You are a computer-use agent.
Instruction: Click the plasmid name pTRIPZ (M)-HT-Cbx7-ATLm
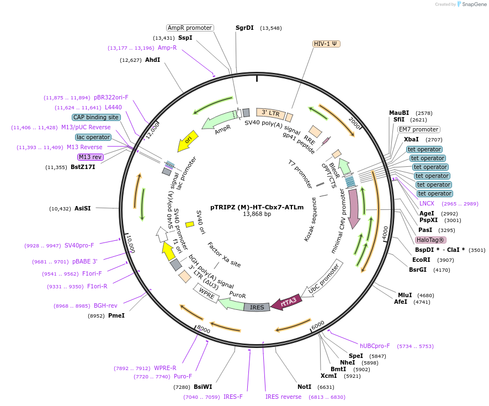tap(257, 207)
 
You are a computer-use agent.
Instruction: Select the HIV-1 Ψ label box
tap(326, 44)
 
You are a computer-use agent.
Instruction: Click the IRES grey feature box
tap(257, 307)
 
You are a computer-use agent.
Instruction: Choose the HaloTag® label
tap(430, 240)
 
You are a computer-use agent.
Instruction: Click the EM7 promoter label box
tap(419, 129)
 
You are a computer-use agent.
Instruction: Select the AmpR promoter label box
tap(190, 28)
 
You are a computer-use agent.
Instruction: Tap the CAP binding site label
tap(95, 117)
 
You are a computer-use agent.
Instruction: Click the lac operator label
tap(93, 137)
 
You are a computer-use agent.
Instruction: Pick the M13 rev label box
tap(91, 157)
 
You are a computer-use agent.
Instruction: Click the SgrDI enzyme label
tap(244, 28)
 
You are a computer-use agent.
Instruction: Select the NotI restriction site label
tap(304, 387)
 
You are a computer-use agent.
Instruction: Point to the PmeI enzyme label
tap(116, 315)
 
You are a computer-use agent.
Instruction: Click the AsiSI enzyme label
tap(82, 208)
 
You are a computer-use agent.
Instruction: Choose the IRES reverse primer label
tap(283, 397)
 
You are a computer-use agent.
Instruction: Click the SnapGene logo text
tap(473, 4)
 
